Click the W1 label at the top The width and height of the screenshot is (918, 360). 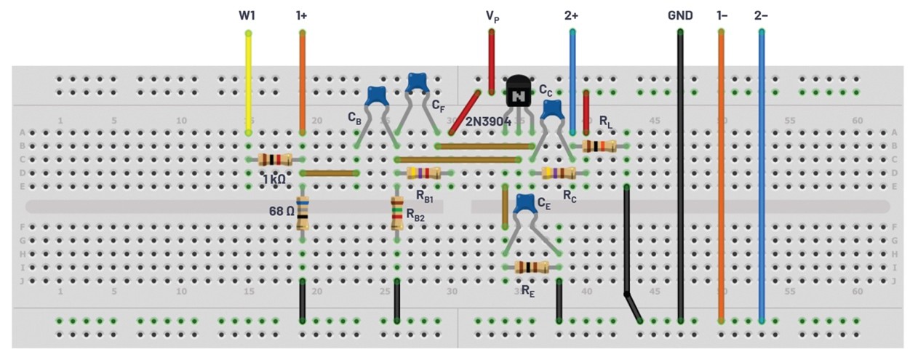[x=247, y=15]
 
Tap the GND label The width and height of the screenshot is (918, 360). [x=680, y=15]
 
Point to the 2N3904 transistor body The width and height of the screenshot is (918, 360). [x=518, y=92]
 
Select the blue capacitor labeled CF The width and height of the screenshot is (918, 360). [x=417, y=81]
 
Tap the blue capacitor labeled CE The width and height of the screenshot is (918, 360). [x=524, y=204]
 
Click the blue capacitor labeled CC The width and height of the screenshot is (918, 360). [x=553, y=109]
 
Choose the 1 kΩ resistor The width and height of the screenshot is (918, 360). [x=276, y=160]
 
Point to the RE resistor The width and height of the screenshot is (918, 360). [x=532, y=267]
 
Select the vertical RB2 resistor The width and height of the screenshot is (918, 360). [x=397, y=213]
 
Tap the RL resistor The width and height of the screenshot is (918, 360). [x=599, y=146]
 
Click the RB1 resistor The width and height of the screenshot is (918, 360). [x=423, y=173]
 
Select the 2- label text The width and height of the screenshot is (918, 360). [x=761, y=15]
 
